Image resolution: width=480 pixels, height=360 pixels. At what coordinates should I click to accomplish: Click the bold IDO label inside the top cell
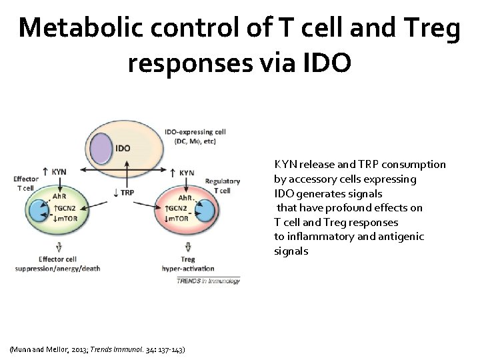pyautogui.click(x=123, y=147)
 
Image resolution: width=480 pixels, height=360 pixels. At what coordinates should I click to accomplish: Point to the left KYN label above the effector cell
pyautogui.click(x=59, y=171)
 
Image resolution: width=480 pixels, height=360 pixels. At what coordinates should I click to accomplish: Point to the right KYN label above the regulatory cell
pyautogui.click(x=186, y=173)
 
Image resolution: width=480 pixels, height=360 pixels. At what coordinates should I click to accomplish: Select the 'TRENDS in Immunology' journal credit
pyautogui.click(x=208, y=281)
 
